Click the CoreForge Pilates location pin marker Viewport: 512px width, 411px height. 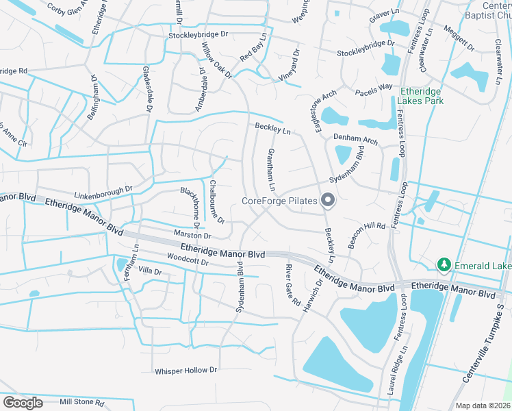pos(328,201)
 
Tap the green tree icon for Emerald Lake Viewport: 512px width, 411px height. pos(444,264)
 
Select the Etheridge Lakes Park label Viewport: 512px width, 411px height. pos(422,96)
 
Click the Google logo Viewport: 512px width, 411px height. pos(23,403)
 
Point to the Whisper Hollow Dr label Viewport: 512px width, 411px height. pos(185,370)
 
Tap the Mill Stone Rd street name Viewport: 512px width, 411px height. pos(81,402)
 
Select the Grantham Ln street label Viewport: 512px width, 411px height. pos(271,170)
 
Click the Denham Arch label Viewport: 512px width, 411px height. pos(355,139)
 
